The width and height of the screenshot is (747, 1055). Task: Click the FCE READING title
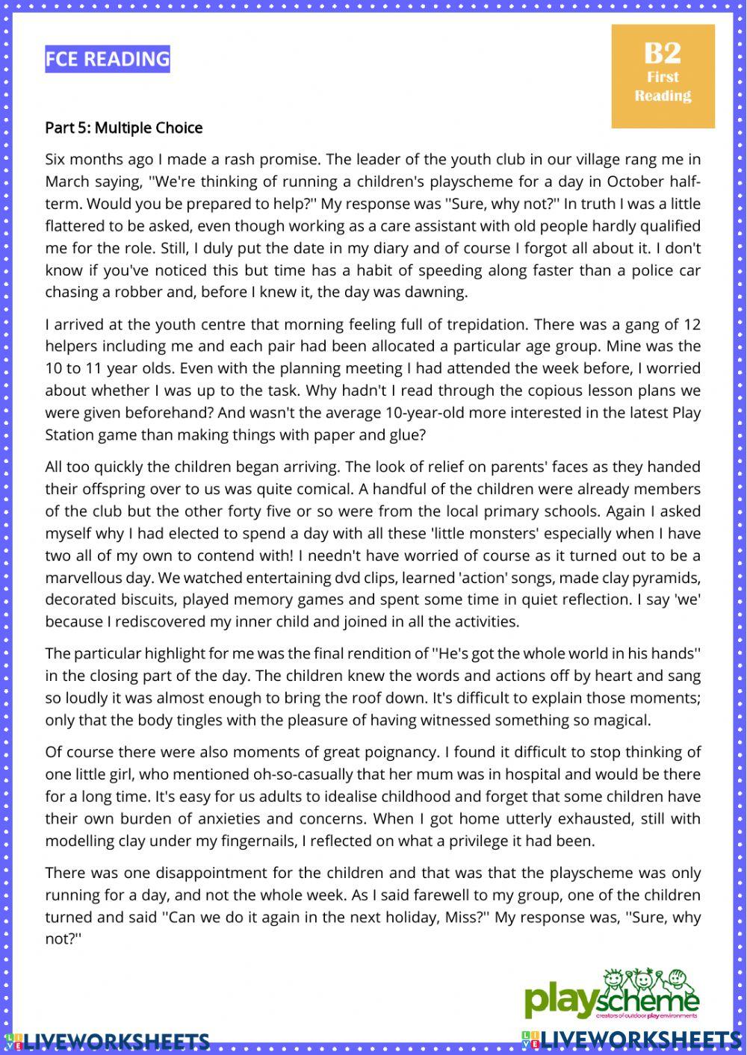[x=108, y=59]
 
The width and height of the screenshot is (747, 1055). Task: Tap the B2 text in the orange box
[x=663, y=52]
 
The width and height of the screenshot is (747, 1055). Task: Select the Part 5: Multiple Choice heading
[x=123, y=128]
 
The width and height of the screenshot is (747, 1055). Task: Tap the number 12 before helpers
[x=692, y=324]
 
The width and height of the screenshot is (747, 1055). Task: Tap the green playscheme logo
[x=613, y=995]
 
